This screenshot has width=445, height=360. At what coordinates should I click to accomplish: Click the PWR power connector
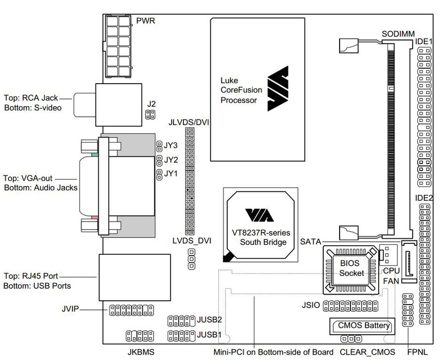[118, 46]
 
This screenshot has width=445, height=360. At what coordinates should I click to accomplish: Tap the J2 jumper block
[150, 115]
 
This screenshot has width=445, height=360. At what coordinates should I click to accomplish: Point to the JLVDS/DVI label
[189, 123]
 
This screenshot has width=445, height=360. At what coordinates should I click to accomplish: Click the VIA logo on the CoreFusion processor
[278, 89]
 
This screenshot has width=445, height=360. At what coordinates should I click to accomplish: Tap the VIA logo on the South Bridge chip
[259, 215]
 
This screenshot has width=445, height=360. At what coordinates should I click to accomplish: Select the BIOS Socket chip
[351, 270]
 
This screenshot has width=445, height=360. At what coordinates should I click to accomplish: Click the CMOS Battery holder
[362, 326]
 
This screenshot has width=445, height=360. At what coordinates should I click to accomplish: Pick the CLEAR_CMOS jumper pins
[351, 339]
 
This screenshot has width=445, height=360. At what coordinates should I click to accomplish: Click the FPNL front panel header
[408, 310]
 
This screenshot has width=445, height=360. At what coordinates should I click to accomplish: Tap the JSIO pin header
[351, 306]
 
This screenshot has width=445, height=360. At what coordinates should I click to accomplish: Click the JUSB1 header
[182, 336]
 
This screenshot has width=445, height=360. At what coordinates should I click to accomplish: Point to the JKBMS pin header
[140, 336]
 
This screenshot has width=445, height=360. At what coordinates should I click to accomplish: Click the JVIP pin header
[131, 311]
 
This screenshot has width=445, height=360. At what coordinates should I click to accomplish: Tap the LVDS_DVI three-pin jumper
[192, 259]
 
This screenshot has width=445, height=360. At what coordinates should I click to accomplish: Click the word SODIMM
[398, 34]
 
